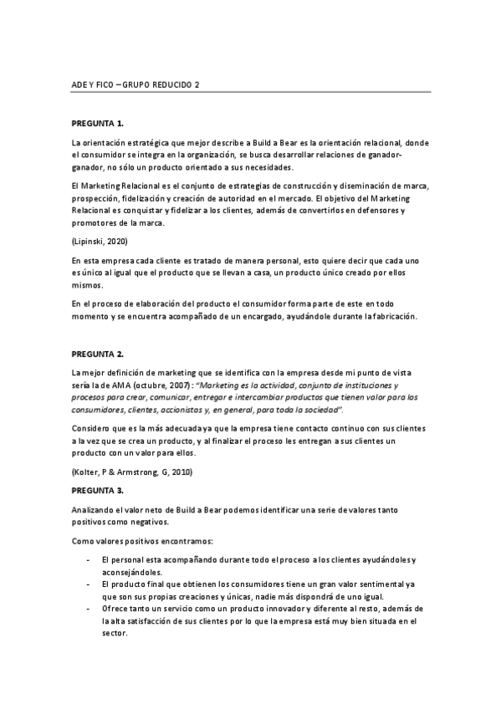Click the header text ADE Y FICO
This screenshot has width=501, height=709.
93,84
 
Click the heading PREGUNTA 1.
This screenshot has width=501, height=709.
98,123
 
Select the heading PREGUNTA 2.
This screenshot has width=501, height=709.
98,354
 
